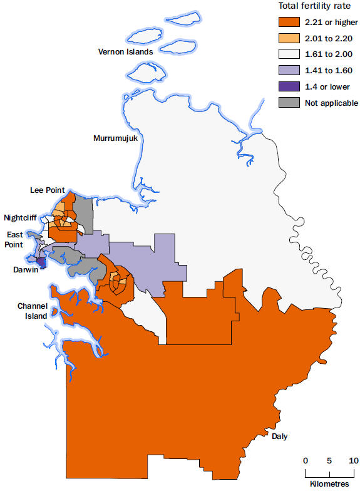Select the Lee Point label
tap(47, 189)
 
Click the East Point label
tap(15, 239)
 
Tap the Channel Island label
tap(32, 311)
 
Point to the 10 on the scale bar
tap(352, 460)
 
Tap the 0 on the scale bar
tap(306, 460)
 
